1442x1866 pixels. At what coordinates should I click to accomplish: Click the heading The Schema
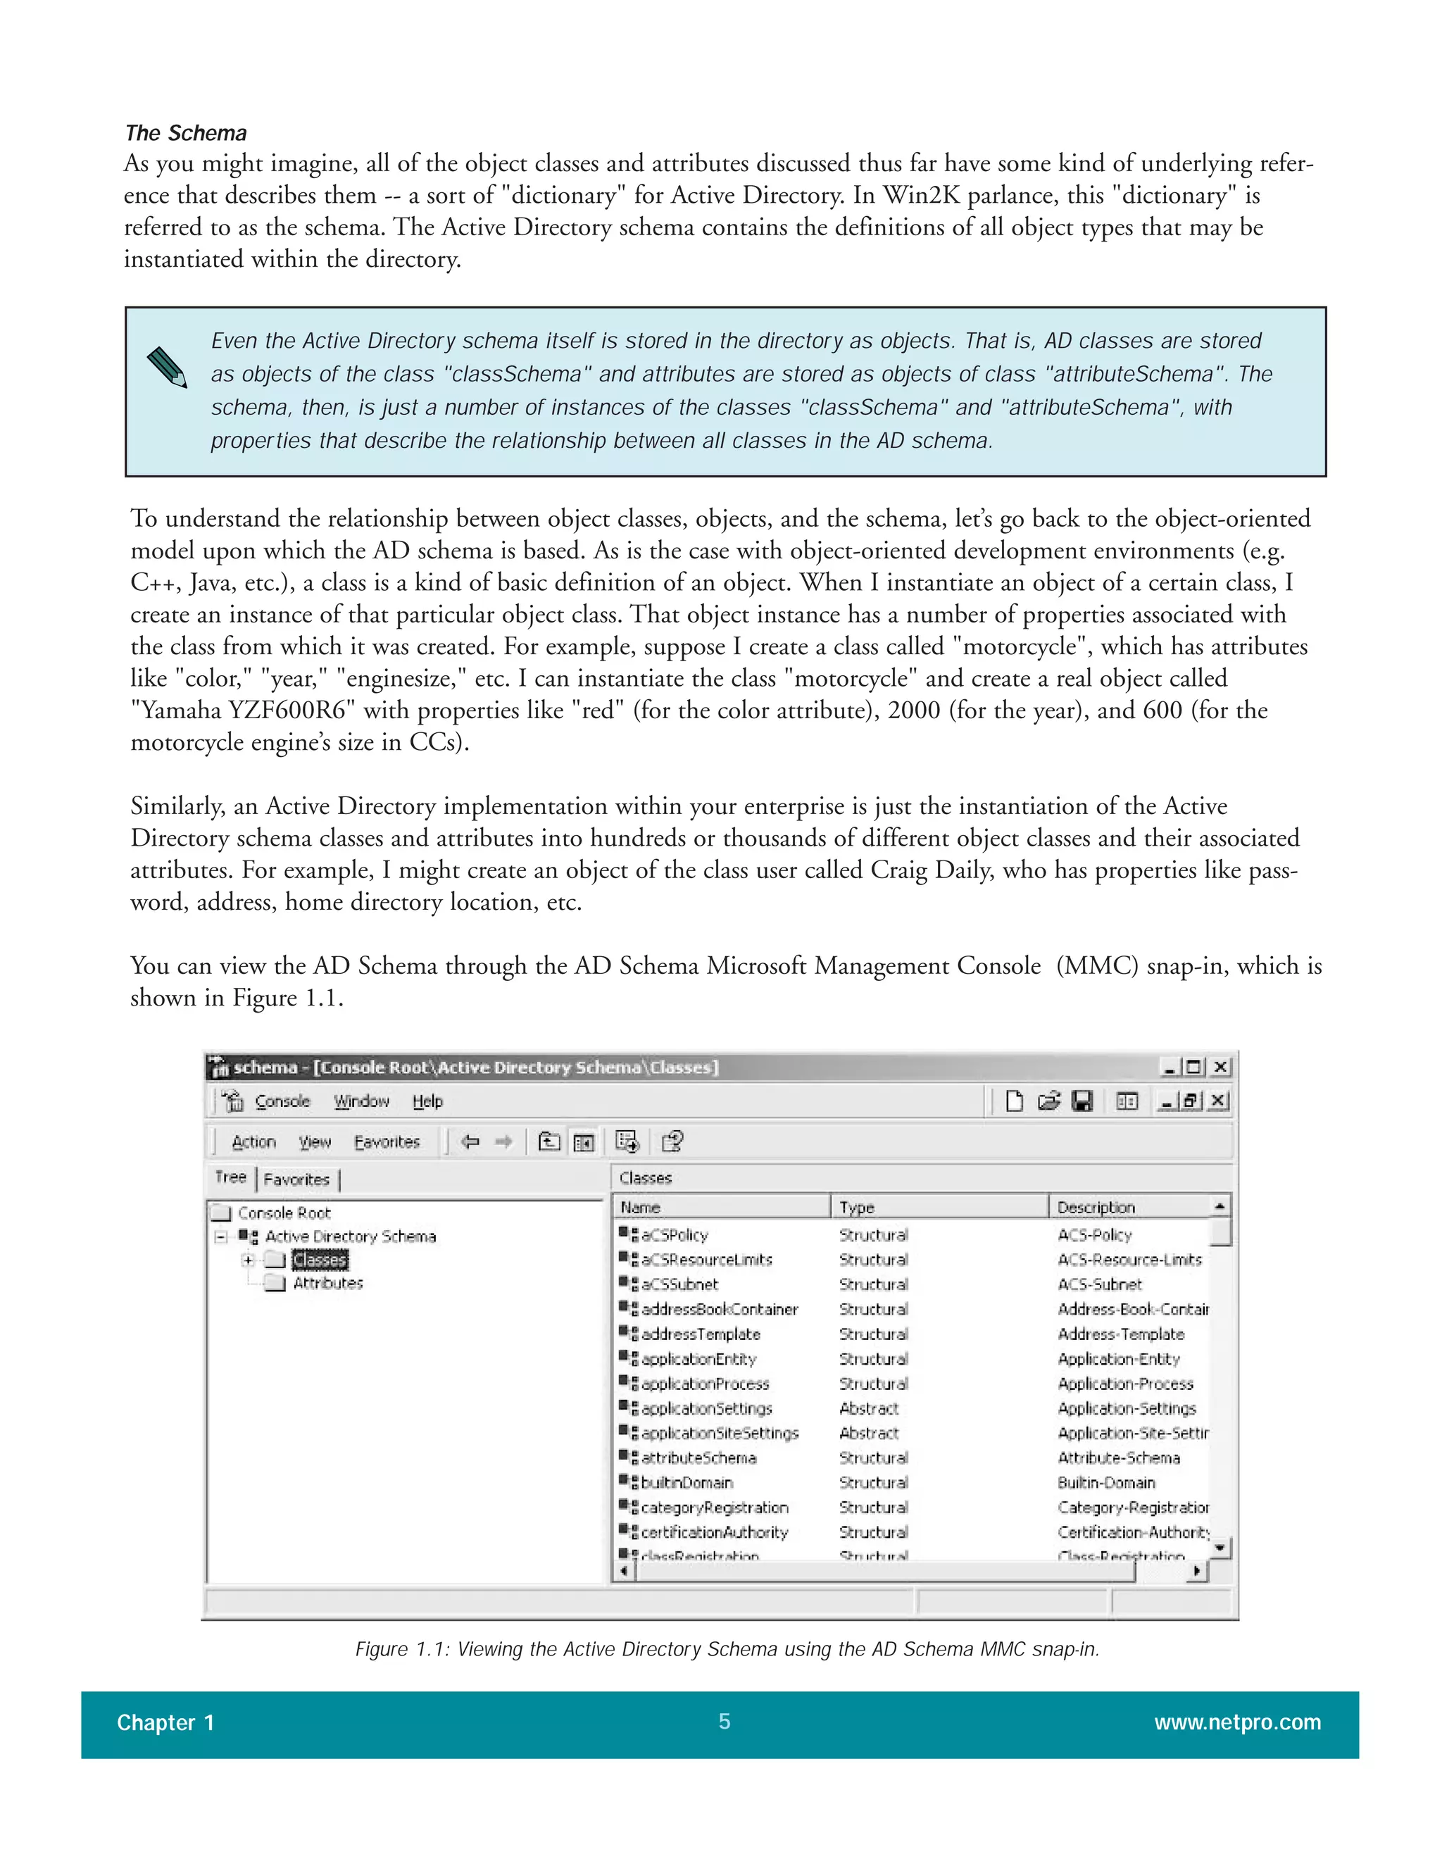185,133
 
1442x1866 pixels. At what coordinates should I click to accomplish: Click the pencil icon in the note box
167,368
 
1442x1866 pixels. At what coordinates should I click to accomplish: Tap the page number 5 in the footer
724,1721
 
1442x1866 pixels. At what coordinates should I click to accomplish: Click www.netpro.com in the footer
1237,1722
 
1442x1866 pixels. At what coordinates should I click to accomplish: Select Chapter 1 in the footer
165,1722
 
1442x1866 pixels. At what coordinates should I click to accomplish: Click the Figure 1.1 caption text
727,1649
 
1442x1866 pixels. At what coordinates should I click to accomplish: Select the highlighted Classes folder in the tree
320,1260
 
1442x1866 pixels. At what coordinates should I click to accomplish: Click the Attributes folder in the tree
327,1282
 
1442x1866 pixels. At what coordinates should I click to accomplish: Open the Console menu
282,1101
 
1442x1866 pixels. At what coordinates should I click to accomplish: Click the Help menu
427,1101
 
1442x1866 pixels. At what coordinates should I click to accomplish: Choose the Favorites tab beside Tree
296,1179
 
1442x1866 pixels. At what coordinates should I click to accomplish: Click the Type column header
857,1206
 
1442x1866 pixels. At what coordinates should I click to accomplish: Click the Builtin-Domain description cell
1106,1482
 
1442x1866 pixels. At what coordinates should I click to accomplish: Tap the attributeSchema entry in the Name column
698,1458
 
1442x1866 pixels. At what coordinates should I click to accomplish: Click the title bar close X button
1221,1067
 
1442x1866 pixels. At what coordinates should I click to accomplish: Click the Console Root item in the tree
284,1213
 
